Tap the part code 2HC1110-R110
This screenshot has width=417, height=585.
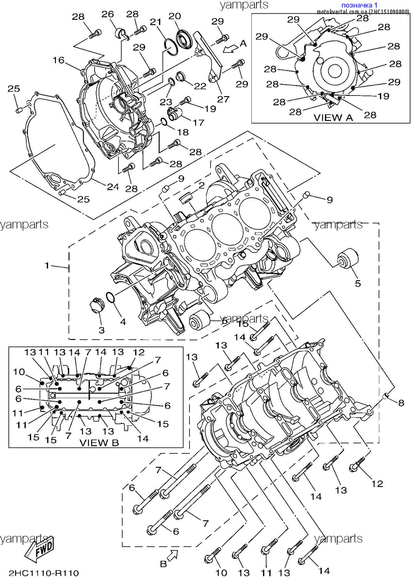coord(44,573)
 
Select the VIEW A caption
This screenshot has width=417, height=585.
coord(333,117)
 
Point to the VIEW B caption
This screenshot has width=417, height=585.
coord(99,442)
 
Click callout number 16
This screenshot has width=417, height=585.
coord(59,60)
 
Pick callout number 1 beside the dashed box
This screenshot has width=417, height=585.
coord(47,266)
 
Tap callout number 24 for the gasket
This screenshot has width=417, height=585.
coord(113,187)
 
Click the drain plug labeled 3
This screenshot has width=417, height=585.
coord(97,305)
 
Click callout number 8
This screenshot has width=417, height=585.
coord(401,403)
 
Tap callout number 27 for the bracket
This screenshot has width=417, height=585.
coord(223,99)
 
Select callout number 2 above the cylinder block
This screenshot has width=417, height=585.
coord(202,185)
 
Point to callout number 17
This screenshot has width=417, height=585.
coord(198,123)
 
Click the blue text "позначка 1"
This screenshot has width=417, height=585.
coord(359,5)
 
